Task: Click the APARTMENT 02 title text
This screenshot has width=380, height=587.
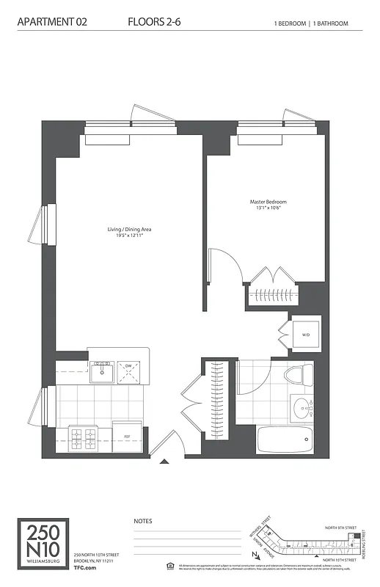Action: coord(52,23)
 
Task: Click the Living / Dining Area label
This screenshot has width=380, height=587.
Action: coord(129,230)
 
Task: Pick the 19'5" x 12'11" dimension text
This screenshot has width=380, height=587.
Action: coord(129,236)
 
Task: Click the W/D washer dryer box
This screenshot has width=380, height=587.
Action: coord(304,335)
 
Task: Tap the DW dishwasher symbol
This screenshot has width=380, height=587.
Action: coord(128,371)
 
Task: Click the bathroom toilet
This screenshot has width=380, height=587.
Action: coord(295,373)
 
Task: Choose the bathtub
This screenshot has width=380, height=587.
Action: coord(285,440)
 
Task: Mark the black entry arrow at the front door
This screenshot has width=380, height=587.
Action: coord(164,462)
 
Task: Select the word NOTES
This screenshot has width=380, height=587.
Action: coord(143,521)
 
